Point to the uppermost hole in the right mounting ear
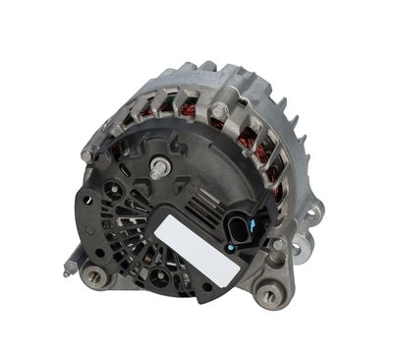coord(311,210)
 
